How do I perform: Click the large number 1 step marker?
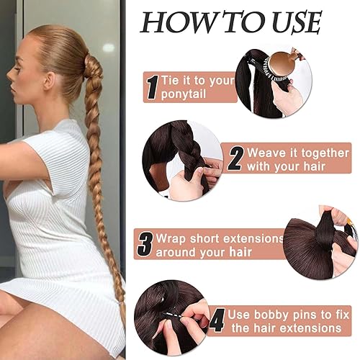pos(152,87)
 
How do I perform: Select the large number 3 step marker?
pos(145,245)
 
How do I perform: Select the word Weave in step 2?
pos(265,153)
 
